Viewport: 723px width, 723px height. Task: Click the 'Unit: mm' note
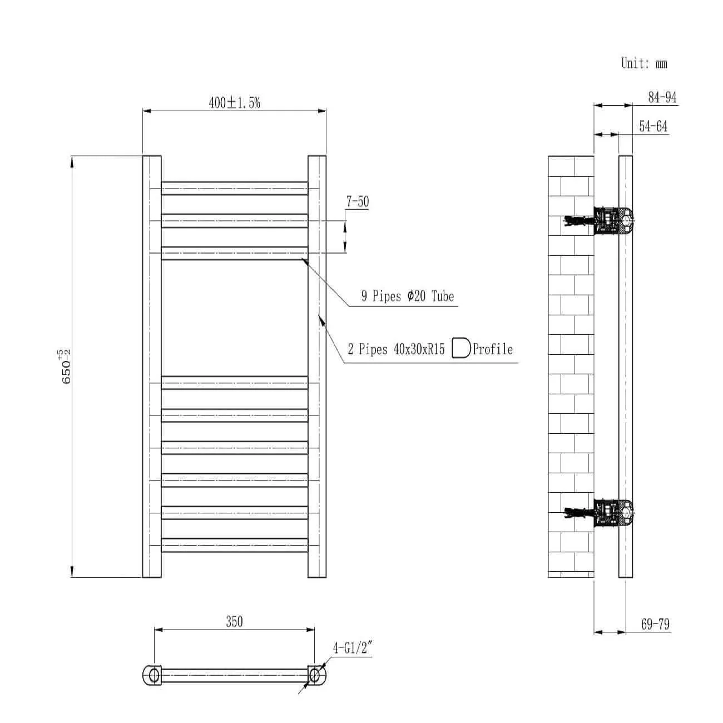643,63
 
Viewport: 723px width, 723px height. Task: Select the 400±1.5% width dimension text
234,102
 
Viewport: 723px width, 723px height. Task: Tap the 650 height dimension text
66,367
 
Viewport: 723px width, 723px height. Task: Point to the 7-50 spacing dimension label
358,201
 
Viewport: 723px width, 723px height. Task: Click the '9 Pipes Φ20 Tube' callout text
407,296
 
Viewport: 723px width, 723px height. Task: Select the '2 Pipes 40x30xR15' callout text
396,349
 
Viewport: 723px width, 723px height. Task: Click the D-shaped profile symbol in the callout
461,348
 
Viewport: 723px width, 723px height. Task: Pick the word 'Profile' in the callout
493,349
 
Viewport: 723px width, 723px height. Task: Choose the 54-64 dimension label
653,126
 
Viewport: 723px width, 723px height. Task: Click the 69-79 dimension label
655,624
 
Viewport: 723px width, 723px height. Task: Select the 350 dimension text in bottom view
234,621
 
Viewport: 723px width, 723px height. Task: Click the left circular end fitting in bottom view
152,675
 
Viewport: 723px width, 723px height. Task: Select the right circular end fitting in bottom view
315,675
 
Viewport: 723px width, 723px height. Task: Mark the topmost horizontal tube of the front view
234,188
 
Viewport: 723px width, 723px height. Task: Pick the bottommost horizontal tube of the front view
234,545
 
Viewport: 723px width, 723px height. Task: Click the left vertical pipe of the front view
152,367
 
